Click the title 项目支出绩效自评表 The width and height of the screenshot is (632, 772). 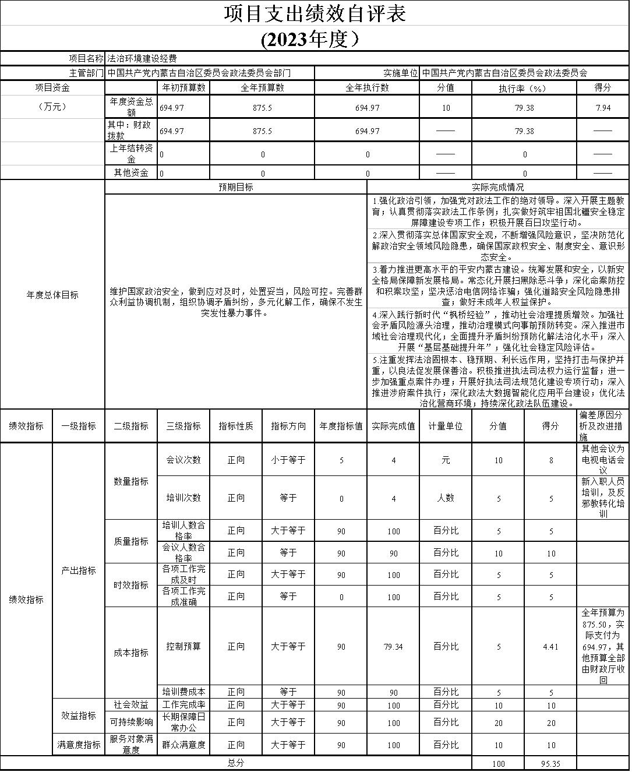315,13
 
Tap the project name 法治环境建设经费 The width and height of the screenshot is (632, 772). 142,58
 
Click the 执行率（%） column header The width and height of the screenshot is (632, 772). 524,88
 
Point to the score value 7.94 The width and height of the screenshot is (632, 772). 602,108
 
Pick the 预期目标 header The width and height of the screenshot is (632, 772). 236,187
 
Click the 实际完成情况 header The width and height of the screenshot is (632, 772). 497,187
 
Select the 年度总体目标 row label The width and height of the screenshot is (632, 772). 52,295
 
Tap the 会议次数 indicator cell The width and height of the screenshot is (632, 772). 183,460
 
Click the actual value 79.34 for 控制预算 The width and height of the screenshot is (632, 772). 393,647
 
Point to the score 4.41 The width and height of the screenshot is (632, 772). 550,647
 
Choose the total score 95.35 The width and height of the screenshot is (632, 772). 550,763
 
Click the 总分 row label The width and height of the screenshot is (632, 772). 236,763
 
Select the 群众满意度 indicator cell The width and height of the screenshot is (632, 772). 183,745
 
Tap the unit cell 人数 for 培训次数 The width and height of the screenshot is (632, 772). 446,498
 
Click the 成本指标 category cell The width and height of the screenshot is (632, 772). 131,653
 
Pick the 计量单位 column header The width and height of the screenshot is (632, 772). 446,426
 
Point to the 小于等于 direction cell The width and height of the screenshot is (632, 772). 288,460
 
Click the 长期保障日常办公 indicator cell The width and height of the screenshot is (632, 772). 183,722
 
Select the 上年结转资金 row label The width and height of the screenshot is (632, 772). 131,154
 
